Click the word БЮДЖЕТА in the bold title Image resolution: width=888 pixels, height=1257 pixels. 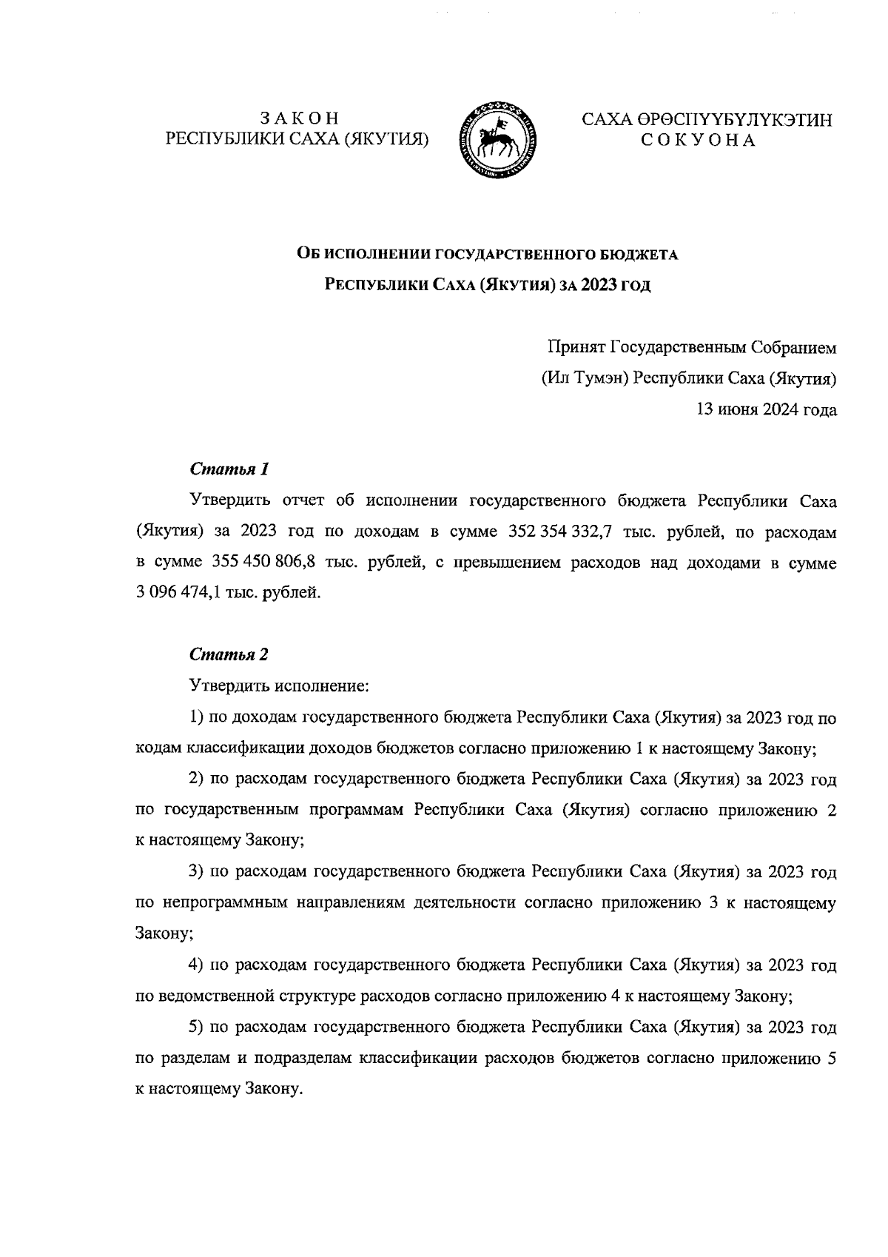[x=638, y=255]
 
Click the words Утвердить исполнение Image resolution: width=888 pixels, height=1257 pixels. [x=279, y=686]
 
